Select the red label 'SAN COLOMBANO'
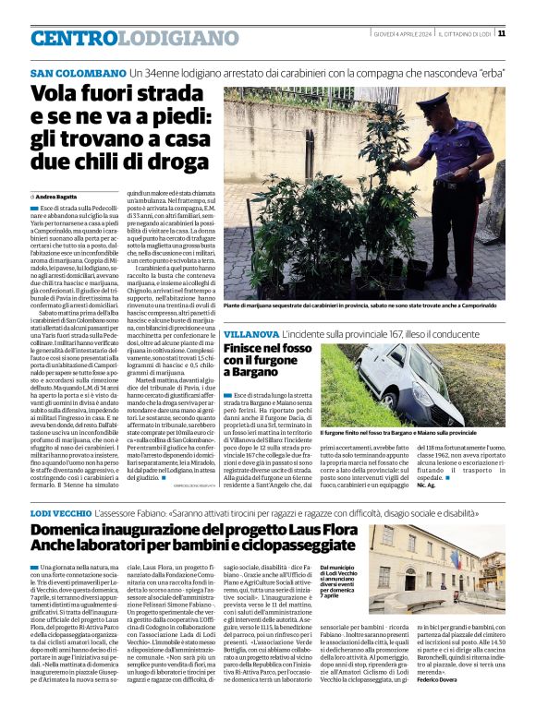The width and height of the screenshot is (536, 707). click(x=78, y=72)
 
